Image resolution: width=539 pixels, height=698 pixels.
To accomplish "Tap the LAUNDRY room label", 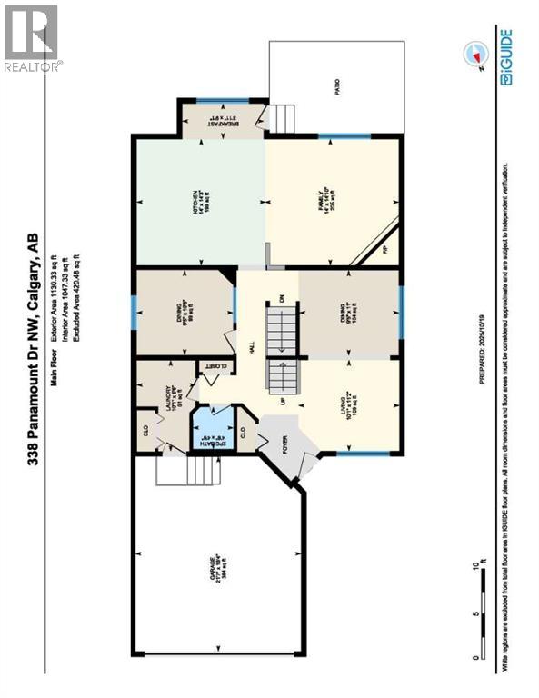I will (170, 401).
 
